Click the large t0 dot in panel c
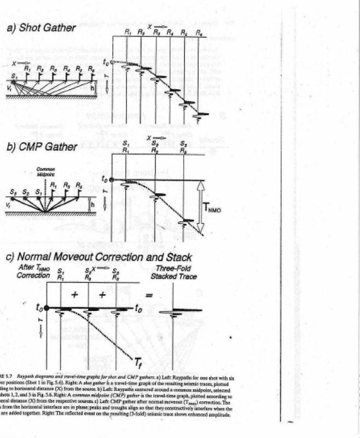pos(47,309)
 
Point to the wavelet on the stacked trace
pos(174,311)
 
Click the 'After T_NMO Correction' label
pos(33,271)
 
